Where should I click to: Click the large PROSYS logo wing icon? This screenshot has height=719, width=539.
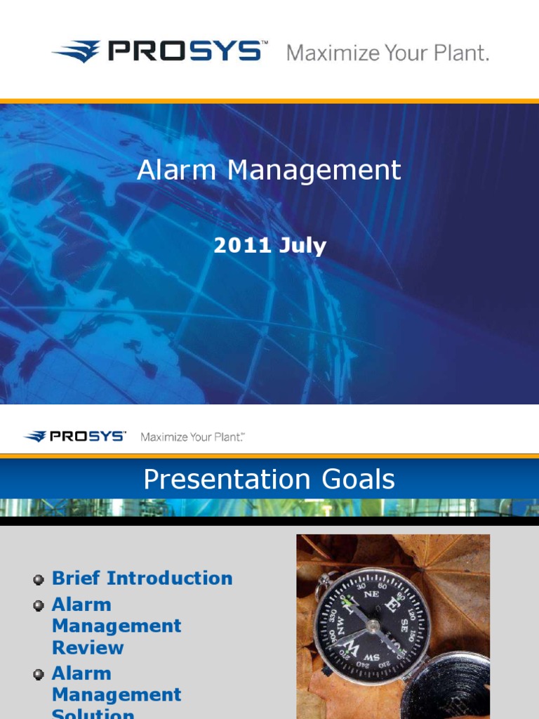click(x=77, y=52)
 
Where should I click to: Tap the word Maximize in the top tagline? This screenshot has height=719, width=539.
click(x=330, y=53)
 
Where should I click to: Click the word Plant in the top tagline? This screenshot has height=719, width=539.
click(x=458, y=53)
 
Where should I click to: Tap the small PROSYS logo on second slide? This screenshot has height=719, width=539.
click(x=75, y=437)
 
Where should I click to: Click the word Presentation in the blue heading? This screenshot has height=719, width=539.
click(x=227, y=480)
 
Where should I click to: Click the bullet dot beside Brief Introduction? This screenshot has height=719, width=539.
click(x=39, y=580)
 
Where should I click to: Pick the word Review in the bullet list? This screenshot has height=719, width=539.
click(x=88, y=647)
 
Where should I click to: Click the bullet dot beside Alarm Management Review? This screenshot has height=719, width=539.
click(x=39, y=606)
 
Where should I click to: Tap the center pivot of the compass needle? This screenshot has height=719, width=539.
click(x=373, y=625)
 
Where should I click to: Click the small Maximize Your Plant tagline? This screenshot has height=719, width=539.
click(x=192, y=437)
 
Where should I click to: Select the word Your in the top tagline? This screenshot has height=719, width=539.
click(x=401, y=53)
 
